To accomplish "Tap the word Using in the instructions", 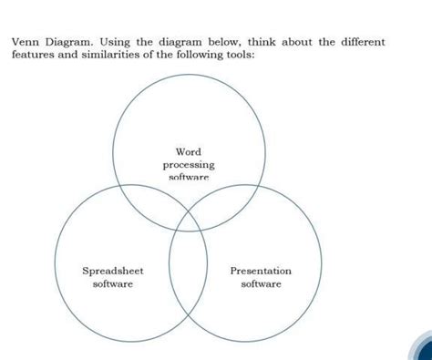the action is click(114, 43).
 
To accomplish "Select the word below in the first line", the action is click(225, 42).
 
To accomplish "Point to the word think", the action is click(262, 42).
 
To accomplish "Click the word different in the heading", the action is click(363, 42).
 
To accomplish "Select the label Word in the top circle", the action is click(189, 151).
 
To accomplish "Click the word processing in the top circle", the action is click(189, 165).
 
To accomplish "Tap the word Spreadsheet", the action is click(113, 271).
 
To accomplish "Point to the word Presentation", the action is click(261, 271).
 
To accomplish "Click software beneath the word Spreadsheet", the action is click(113, 284).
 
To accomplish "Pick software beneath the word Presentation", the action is click(261, 284).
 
